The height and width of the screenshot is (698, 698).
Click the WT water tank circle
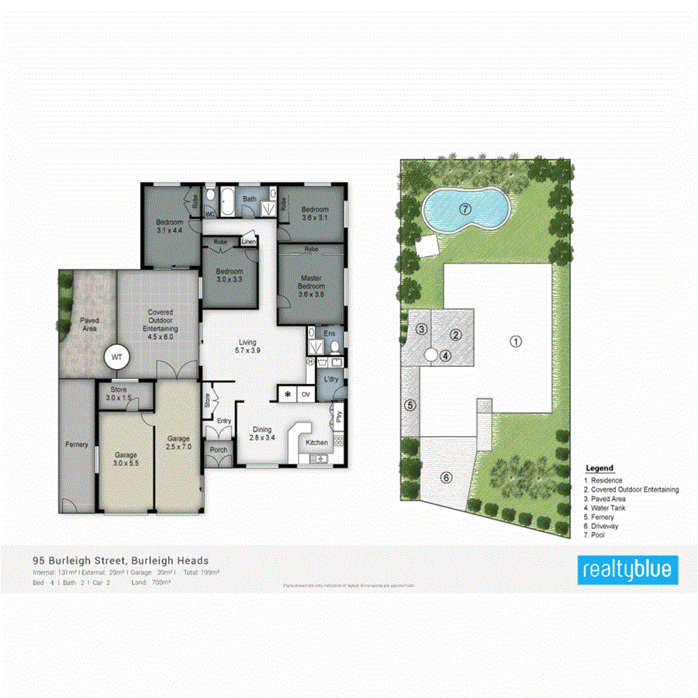117,357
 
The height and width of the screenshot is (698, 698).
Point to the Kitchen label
316,442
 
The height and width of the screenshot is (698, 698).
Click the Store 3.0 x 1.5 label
119,393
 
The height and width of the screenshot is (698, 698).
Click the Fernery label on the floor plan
76,444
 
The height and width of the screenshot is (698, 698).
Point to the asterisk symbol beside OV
289,395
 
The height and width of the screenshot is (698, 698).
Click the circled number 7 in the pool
465,208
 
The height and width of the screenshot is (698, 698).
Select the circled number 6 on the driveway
446,477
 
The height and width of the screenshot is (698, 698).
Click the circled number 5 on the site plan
410,404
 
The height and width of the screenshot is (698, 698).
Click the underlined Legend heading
599,468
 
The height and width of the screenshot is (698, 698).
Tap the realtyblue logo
629,570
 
